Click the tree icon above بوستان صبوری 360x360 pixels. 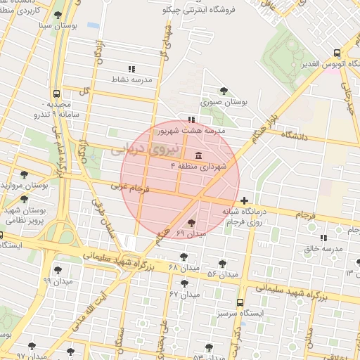tap(224, 91)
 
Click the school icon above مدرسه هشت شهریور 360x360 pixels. tap(191, 120)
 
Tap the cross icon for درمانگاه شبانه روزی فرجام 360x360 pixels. tap(244, 201)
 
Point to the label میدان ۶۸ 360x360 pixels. tap(184, 268)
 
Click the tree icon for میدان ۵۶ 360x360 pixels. tap(223, 263)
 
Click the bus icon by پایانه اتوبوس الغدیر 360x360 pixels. tap(337, 53)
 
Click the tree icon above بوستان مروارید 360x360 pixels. tap(25, 174)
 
